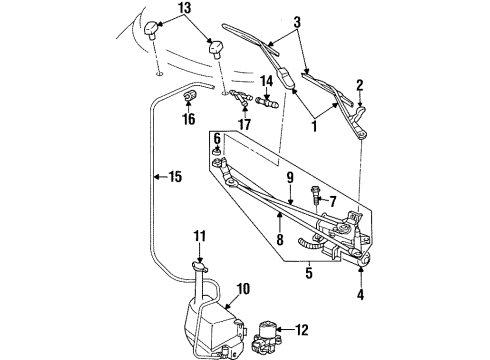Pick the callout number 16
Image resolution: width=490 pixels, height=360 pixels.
pyautogui.click(x=189, y=119)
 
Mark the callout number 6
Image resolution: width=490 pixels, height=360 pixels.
pyautogui.click(x=216, y=137)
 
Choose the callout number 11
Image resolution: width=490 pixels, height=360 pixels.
pyautogui.click(x=197, y=237)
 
